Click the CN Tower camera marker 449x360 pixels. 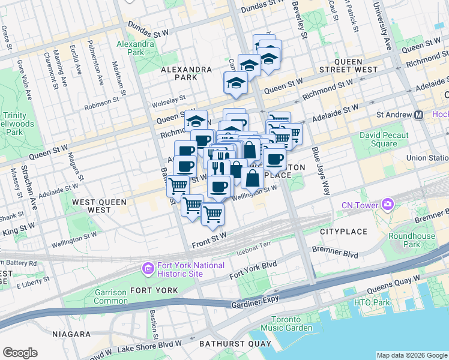point(387,206)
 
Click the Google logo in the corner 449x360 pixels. point(20,353)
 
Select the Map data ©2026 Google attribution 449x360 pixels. point(411,355)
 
